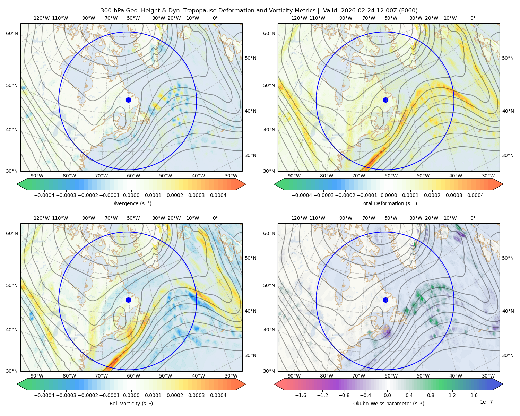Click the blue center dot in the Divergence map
(x=128, y=100)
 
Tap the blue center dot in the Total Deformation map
(x=385, y=100)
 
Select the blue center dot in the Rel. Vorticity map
(x=128, y=300)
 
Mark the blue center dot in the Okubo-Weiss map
(x=385, y=300)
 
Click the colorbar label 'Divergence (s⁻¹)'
(x=131, y=203)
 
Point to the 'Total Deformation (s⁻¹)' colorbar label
(x=389, y=203)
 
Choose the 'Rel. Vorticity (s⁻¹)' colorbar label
(x=131, y=403)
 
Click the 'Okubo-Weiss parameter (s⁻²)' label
(x=389, y=403)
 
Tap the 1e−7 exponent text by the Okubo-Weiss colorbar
(x=486, y=402)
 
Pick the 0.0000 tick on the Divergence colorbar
(x=131, y=195)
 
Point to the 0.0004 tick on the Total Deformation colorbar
(x=475, y=195)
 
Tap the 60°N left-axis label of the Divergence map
(x=12, y=33)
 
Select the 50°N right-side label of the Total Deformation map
(x=508, y=58)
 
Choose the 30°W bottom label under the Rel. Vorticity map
(x=231, y=376)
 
